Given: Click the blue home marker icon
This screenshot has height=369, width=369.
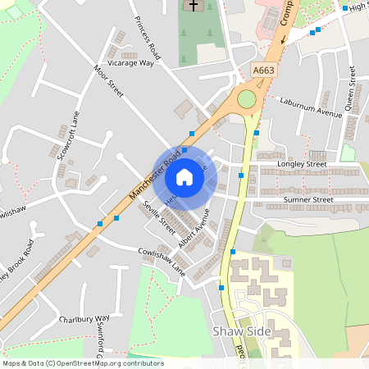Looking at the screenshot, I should (184, 176).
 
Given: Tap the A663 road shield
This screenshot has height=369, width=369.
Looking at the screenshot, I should (263, 71).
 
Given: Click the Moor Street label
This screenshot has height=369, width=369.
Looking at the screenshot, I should (108, 81).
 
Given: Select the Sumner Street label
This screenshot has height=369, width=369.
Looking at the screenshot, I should (307, 199).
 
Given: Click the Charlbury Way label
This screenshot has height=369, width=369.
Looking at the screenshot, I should (84, 318).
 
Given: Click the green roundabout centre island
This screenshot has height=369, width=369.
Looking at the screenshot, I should (247, 99).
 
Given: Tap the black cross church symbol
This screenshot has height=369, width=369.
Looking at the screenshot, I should (194, 6).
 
